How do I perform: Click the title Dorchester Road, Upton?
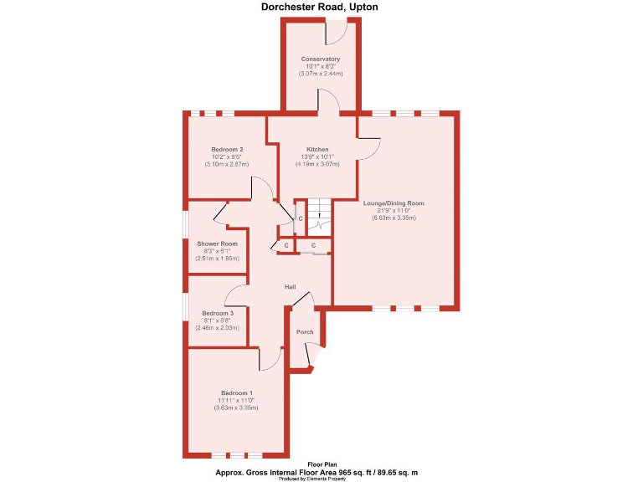coord(321,8)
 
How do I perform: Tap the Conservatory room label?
coord(321,59)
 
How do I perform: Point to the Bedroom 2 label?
coord(227,149)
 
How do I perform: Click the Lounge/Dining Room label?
coord(394,203)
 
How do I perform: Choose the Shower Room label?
coord(218,244)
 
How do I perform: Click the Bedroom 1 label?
coord(237,392)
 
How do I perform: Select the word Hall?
coord(290,287)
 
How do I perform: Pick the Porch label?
coord(306,332)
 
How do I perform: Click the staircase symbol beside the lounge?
coord(317,218)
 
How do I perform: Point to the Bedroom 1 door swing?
coord(270,359)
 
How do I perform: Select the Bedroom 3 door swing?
coord(234,295)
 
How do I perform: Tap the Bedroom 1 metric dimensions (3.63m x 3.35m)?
coord(237,408)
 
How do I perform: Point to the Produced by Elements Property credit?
coord(321,479)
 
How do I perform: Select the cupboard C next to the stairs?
coord(300,219)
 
